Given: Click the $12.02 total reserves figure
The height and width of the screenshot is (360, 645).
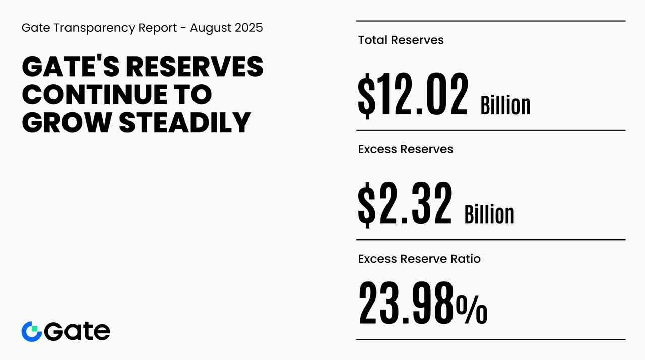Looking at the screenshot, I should (x=413, y=95).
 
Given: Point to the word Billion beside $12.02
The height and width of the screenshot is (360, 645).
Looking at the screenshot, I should (x=505, y=105).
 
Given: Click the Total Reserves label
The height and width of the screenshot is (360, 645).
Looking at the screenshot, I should (x=401, y=40).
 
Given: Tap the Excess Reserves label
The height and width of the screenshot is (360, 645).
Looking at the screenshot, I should (x=405, y=149).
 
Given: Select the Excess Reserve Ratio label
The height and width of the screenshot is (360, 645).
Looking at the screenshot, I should (x=419, y=259).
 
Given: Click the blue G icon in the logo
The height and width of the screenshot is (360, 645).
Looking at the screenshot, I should (x=31, y=331).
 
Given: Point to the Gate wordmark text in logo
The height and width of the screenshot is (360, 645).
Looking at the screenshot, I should (x=77, y=331).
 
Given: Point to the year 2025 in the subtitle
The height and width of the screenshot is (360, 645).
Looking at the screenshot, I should (x=249, y=28).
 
